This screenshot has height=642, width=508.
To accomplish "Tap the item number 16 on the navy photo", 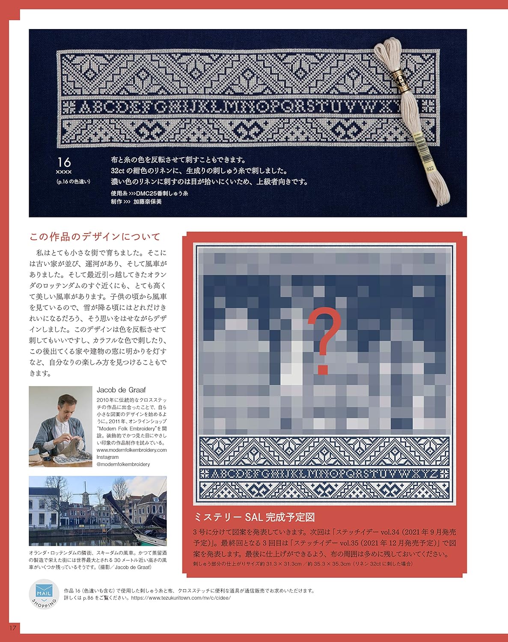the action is pos(64,162).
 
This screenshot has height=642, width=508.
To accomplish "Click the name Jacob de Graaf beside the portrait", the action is pos(121,389).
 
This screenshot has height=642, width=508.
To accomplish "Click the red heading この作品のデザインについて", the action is pos(95,237).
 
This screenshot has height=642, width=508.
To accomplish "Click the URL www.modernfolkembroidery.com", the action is pos(131,450).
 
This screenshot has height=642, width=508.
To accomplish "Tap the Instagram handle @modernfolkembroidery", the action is pos(123,464).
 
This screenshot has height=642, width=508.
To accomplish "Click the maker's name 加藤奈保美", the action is pos(147,202).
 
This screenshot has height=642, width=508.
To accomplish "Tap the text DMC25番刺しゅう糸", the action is pos(162,193).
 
